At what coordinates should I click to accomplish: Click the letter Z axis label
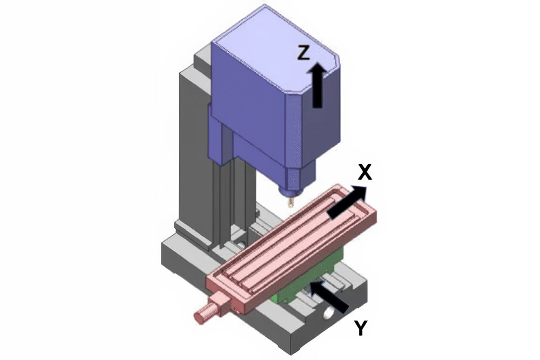tap(304, 52)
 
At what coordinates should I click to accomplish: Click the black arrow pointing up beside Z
tap(317, 84)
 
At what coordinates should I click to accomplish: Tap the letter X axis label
tap(365, 172)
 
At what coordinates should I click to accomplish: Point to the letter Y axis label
tap(361, 328)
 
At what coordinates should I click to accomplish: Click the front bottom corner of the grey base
tap(292, 348)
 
